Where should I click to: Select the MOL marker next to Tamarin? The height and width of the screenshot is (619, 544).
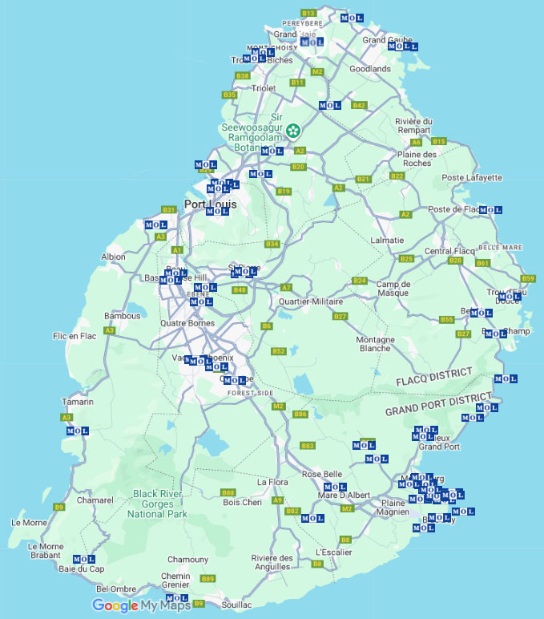point(77,431)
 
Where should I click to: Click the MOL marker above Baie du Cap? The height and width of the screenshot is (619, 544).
point(84,559)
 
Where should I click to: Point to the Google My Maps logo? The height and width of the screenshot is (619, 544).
point(142,605)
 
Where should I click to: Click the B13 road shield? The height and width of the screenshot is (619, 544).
point(309,13)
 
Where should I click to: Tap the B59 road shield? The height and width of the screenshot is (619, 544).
point(528,278)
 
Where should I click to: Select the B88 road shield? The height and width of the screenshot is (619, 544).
point(228,492)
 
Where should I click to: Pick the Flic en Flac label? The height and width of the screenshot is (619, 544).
point(74,336)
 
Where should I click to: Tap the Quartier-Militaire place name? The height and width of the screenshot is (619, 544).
point(310,301)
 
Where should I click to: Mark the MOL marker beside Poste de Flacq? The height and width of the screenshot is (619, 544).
point(490,210)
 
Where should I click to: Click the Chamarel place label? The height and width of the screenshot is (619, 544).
point(95,500)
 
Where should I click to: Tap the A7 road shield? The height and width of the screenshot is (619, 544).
point(286,287)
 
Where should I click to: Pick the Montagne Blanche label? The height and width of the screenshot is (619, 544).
point(375,344)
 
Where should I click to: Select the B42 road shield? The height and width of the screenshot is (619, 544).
point(359,105)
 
